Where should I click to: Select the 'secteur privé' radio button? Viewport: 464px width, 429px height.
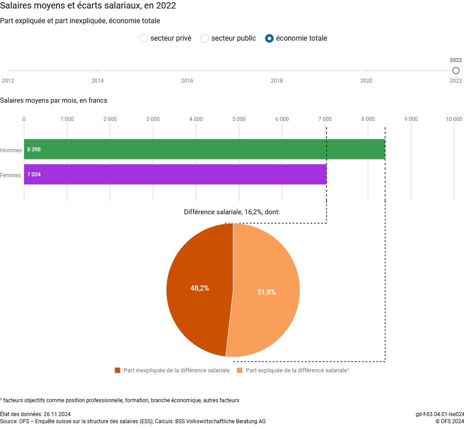click(x=144, y=38)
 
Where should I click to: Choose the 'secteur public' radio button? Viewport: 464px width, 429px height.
click(x=205, y=38)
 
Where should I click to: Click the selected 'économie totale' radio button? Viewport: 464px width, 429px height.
click(x=269, y=38)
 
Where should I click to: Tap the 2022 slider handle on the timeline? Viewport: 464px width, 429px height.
click(x=456, y=71)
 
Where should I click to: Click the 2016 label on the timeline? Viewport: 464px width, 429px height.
click(x=187, y=81)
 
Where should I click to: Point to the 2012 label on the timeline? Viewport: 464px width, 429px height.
click(x=8, y=81)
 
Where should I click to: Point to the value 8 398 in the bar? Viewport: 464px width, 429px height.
click(x=34, y=150)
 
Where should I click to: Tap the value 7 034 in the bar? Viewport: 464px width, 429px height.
click(x=34, y=175)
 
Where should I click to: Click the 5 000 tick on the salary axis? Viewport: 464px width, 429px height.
click(x=239, y=119)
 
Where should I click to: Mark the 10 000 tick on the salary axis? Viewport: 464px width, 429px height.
click(x=454, y=119)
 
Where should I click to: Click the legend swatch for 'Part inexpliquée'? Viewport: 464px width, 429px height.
click(x=118, y=371)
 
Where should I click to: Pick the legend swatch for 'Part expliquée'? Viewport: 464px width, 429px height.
click(x=240, y=371)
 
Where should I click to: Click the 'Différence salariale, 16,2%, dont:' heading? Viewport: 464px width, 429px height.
click(x=232, y=212)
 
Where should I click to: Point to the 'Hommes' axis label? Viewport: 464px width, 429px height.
click(x=11, y=150)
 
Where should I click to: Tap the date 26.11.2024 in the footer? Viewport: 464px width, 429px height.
click(x=57, y=414)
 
